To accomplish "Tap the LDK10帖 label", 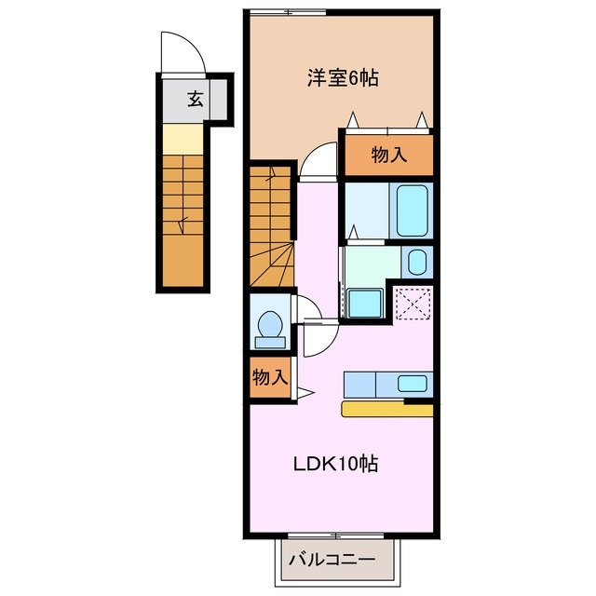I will (x=336, y=464).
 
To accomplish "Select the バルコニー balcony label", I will (x=331, y=562).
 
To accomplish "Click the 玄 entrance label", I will (x=195, y=98).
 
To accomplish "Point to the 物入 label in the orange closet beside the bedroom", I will (x=389, y=155).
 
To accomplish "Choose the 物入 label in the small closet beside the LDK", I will (x=268, y=378).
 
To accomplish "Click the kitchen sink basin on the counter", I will (x=410, y=383).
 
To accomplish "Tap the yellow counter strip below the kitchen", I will (x=386, y=409).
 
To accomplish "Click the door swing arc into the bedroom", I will (x=319, y=156).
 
